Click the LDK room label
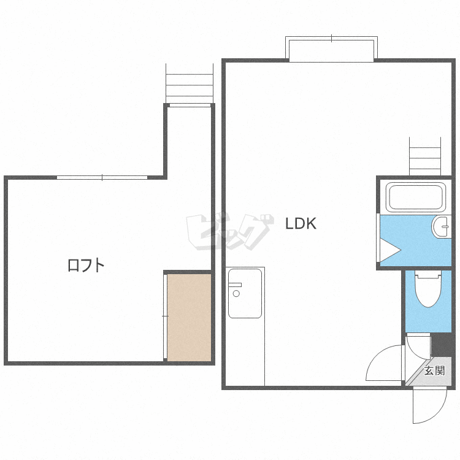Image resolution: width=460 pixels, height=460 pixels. point(301,223)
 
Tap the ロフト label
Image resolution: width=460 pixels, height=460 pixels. point(86,265)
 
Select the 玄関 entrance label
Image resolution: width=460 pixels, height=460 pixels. point(434,371)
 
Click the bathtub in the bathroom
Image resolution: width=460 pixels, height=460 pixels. point(416,197)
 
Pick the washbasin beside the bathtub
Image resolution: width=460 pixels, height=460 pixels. point(441,226)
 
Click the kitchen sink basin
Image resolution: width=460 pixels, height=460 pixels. point(245,293)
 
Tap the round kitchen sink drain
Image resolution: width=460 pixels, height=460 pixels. point(236,293)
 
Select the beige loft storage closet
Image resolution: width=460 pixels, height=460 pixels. point(190,318)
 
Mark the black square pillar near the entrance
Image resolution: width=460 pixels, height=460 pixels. point(441,345)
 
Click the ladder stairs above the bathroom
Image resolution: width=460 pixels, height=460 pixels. point(425,156)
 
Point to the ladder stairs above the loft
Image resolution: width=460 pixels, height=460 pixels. point(190,83)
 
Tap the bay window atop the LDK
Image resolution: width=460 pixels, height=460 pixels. point(331,49)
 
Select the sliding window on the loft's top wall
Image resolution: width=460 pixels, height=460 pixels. point(102,177)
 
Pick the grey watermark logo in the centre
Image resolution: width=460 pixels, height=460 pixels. point(230,232)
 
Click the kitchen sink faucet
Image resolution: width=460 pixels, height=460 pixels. point(235,285)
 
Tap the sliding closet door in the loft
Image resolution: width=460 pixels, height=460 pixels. point(165,316)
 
